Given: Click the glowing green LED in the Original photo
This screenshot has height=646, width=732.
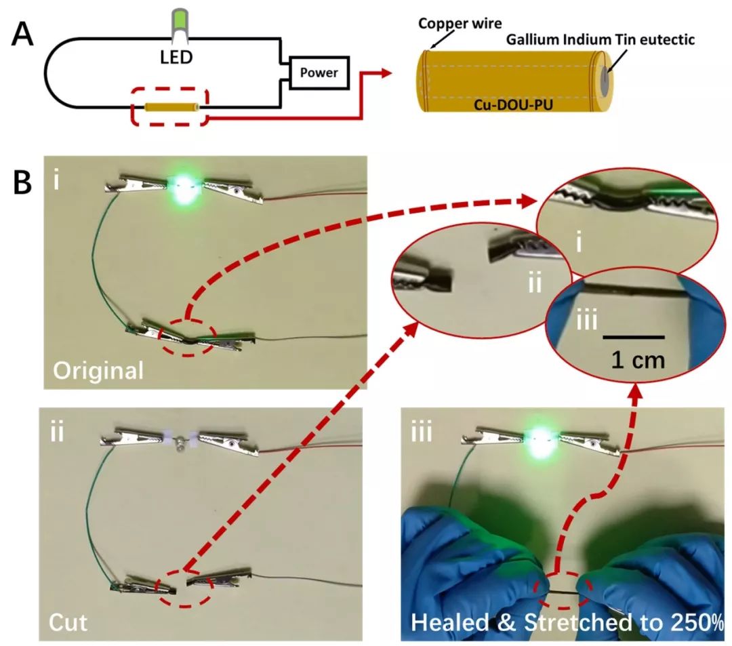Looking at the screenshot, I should tap(186, 186).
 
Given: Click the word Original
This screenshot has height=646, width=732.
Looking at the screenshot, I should tap(98, 371).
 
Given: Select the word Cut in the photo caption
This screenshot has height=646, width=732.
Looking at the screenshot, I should tap(70, 622).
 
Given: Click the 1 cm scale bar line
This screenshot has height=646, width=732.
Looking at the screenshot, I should tap(633, 336).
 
